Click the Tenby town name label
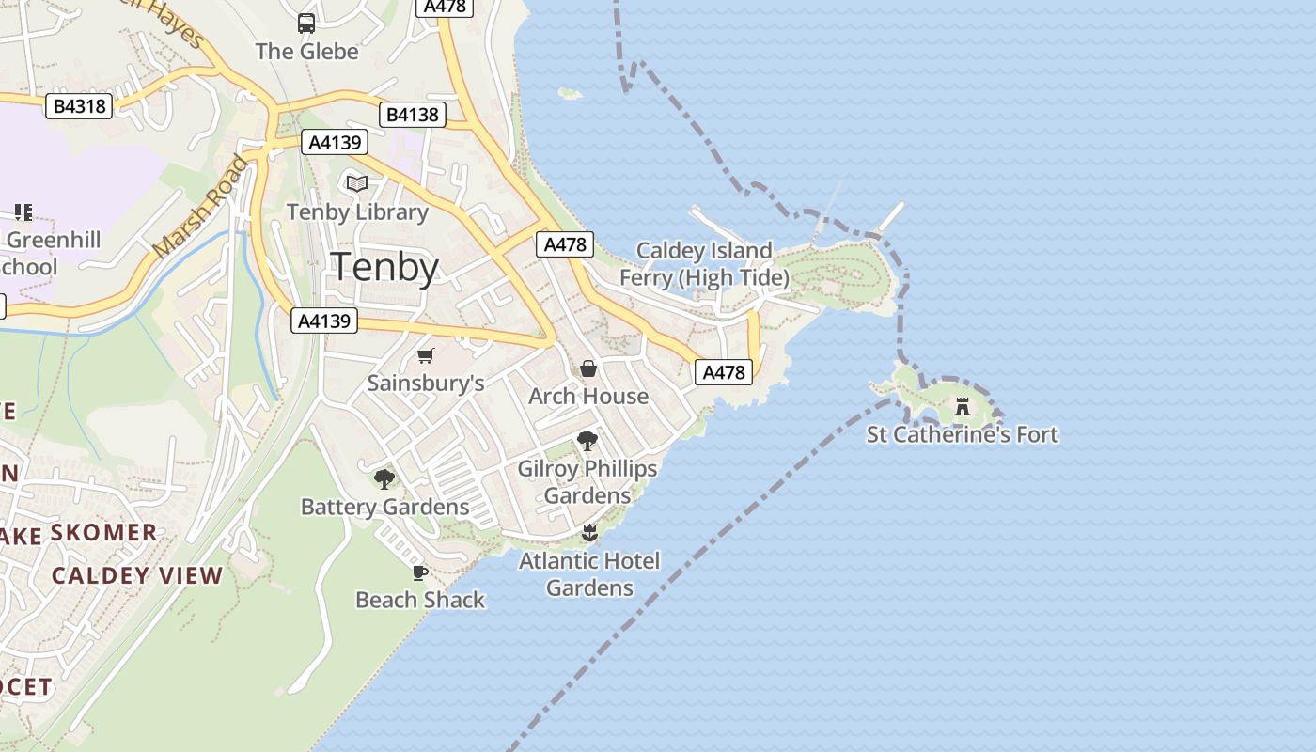point(385,267)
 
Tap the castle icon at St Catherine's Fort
point(962,407)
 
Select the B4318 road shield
point(80,106)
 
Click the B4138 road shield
point(413,115)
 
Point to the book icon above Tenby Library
point(357,183)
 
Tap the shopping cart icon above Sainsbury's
point(426,355)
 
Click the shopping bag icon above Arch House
point(588,368)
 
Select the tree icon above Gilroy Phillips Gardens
point(587,440)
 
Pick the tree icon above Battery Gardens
point(384,479)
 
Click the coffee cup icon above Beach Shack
point(420,572)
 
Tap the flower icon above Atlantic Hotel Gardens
point(589,533)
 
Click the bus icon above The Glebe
point(306,23)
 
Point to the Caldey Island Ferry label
point(704,264)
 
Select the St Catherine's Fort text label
point(962,434)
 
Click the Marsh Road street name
point(201,208)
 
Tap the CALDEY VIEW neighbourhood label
point(137,575)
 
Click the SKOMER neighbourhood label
point(103,533)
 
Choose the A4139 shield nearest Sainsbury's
point(324,321)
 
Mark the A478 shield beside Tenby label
point(565,244)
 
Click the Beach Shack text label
point(420,600)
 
